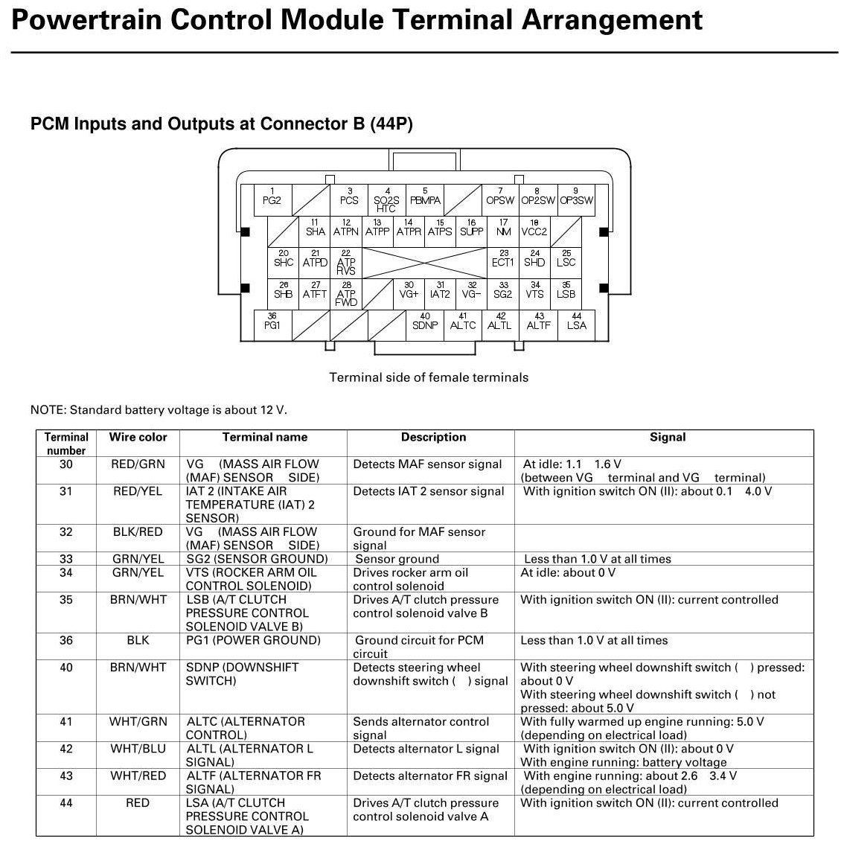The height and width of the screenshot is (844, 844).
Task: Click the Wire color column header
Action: pyautogui.click(x=138, y=438)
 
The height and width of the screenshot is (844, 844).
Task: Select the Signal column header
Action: pyautogui.click(x=667, y=438)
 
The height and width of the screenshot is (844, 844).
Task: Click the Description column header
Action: pyautogui.click(x=433, y=438)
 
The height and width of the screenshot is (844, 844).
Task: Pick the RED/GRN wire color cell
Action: pyautogui.click(x=138, y=464)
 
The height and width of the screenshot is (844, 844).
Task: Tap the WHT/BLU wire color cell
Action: pyautogui.click(x=138, y=749)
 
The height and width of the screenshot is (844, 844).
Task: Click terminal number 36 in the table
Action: pyautogui.click(x=66, y=641)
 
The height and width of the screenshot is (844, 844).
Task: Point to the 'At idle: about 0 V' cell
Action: pyautogui.click(x=568, y=573)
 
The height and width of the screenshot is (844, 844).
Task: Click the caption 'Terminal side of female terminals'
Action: pyautogui.click(x=429, y=377)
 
